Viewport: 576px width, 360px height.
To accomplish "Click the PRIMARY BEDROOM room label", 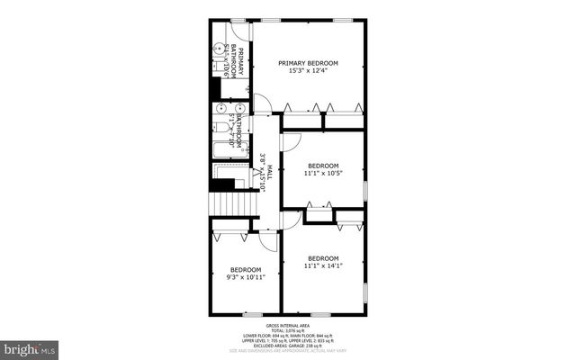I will [308, 63].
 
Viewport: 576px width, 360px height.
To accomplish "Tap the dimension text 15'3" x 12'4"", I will [308, 71].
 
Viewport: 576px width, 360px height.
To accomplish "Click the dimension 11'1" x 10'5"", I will [322, 174].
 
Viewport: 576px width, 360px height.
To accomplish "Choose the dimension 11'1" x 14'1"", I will [322, 265].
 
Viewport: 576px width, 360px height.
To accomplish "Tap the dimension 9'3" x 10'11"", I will [245, 278].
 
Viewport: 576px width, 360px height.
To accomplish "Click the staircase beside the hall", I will [233, 206].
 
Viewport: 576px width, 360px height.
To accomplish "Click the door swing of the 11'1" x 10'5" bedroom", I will [290, 142].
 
